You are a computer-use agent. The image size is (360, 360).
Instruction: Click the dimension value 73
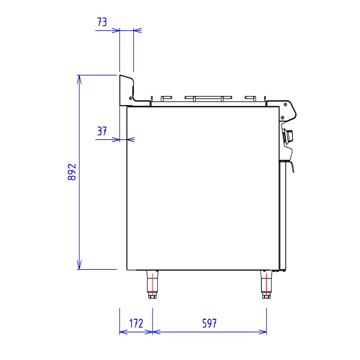[102, 22]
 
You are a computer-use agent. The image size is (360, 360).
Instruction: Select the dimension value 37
[102, 131]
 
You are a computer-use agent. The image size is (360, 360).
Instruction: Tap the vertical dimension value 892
[72, 172]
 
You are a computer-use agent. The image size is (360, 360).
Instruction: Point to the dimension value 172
[136, 324]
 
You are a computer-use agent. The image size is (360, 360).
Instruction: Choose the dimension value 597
[209, 324]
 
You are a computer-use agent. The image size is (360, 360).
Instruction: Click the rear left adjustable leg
[153, 284]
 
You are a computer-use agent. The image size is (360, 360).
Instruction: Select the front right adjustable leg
[266, 284]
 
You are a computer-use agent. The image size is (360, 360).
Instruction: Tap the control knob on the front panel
[288, 136]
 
